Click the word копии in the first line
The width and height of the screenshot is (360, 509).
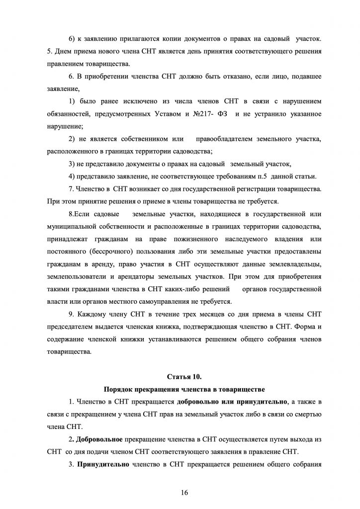tap(165, 37)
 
